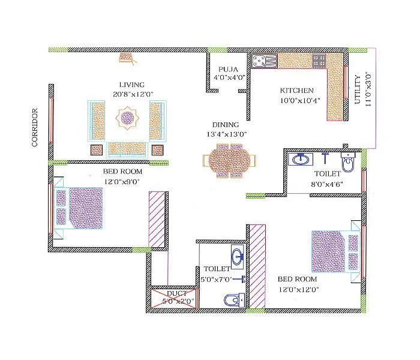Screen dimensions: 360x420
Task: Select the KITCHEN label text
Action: (x=297, y=91)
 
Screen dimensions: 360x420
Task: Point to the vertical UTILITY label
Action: (x=358, y=89)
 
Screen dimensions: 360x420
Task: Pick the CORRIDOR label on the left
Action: (x=35, y=127)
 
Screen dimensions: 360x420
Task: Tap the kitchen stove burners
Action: (x=319, y=60)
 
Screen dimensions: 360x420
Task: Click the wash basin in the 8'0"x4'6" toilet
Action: (x=300, y=160)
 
